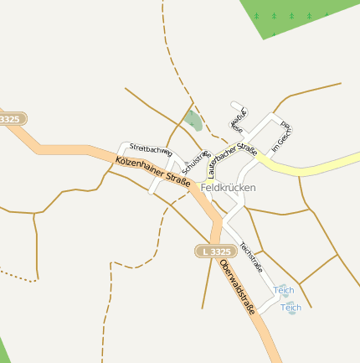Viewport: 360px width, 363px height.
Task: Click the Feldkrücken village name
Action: (x=229, y=188)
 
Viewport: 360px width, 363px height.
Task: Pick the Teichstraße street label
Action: (x=251, y=257)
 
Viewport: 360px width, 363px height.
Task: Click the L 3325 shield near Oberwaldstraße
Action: (x=215, y=252)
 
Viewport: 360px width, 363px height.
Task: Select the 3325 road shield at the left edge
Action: (x=10, y=120)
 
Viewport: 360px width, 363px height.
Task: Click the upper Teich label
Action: (x=285, y=290)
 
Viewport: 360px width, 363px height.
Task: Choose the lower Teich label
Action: (x=291, y=308)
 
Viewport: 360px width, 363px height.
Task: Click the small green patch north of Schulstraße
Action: (x=193, y=121)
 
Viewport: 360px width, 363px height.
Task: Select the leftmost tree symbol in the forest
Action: (x=256, y=15)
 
